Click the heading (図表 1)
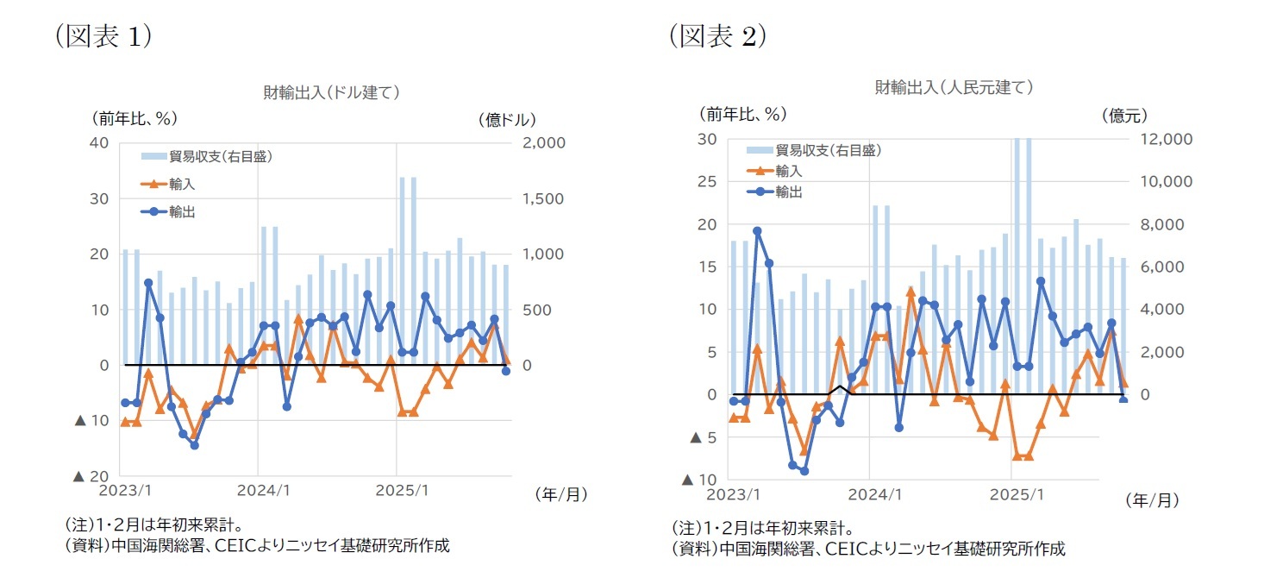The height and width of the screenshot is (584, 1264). tap(103, 37)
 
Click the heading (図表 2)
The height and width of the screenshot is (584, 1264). tap(717, 35)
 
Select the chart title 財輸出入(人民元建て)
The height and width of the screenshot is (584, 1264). tap(954, 87)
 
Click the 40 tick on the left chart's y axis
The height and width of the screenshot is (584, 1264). tap(100, 143)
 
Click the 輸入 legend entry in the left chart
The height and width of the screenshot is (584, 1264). tap(182, 184)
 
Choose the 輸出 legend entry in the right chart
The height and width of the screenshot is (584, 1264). tap(789, 192)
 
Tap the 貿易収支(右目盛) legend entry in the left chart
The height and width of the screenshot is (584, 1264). tap(221, 156)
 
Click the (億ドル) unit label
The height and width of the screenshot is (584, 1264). tap(507, 119)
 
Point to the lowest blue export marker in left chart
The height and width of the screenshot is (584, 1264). tap(194, 445)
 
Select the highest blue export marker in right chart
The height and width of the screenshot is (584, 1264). tap(757, 231)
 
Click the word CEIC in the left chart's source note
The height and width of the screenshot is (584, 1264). tap(233, 545)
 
